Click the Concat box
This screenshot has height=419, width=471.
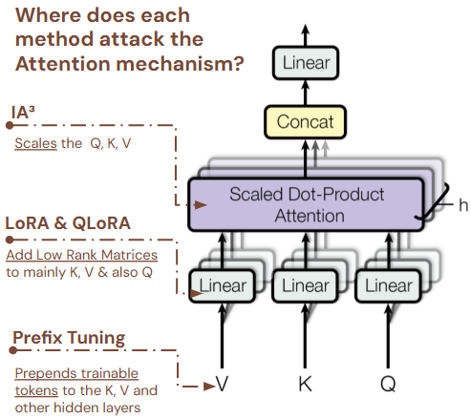(305, 122)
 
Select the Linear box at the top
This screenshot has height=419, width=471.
(305, 64)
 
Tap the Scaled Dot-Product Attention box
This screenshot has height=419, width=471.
(306, 204)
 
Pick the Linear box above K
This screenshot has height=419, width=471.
(306, 284)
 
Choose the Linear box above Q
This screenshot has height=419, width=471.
(389, 284)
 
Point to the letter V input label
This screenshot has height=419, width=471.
(222, 386)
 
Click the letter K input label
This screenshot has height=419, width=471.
(306, 386)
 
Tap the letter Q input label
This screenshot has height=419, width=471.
(389, 386)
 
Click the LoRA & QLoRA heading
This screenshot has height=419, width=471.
(68, 222)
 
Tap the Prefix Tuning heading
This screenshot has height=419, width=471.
(68, 338)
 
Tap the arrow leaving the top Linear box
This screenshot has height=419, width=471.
(305, 33)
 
